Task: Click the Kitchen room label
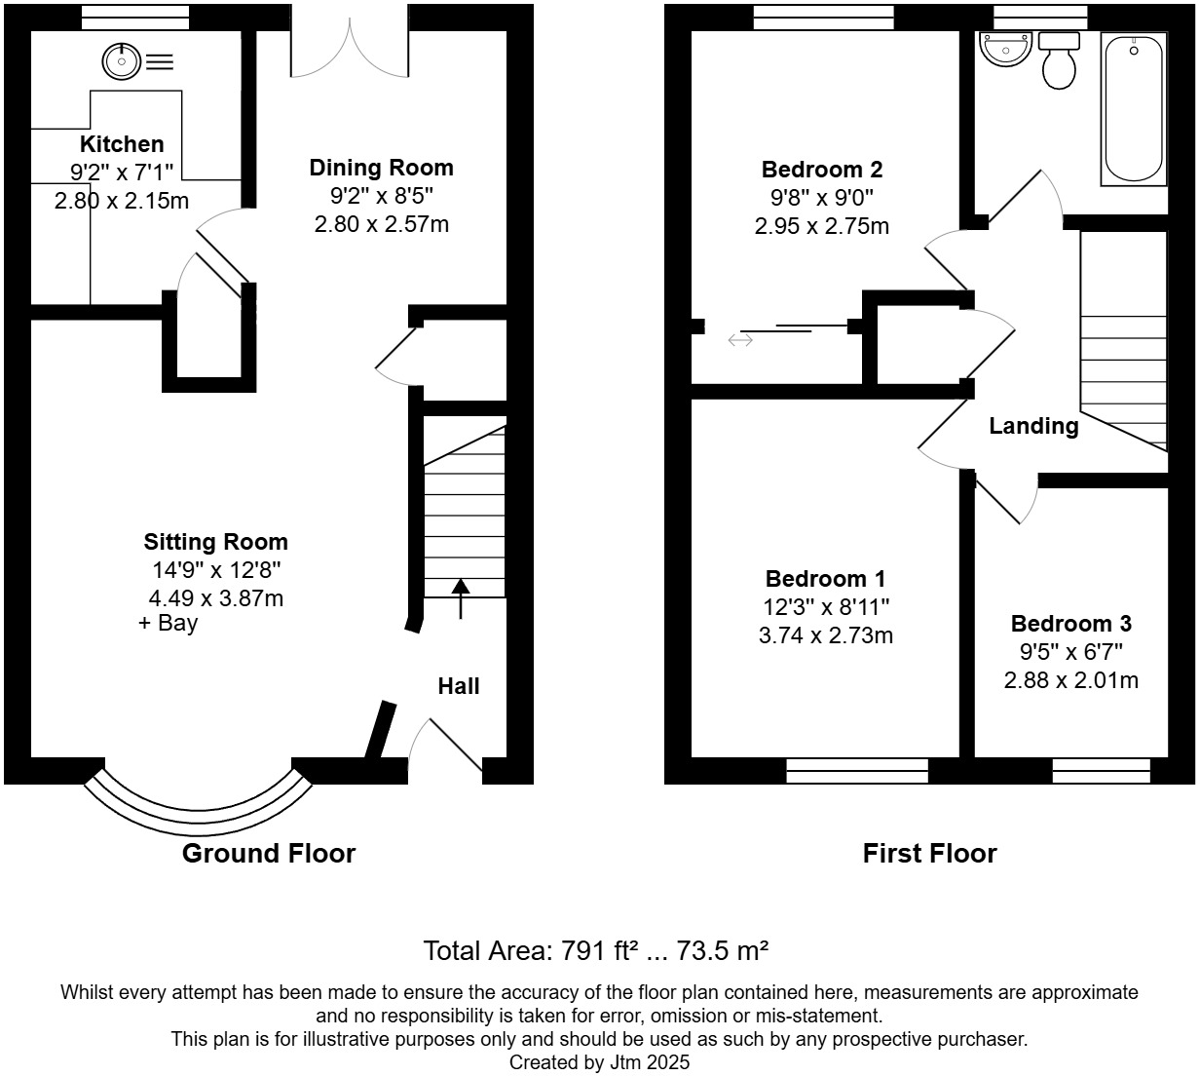[122, 144]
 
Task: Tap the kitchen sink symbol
[121, 62]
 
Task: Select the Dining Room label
[381, 168]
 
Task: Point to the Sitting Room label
[215, 542]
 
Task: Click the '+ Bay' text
[169, 623]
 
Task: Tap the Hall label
[458, 686]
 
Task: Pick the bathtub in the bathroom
[1132, 107]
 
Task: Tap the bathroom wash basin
[1004, 49]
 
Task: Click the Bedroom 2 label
[821, 170]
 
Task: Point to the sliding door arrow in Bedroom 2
[740, 340]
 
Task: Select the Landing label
[1033, 426]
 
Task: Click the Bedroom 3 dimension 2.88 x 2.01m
[1070, 680]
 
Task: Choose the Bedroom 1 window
[857, 771]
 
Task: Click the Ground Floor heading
[269, 854]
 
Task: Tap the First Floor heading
[929, 854]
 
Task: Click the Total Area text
[596, 950]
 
